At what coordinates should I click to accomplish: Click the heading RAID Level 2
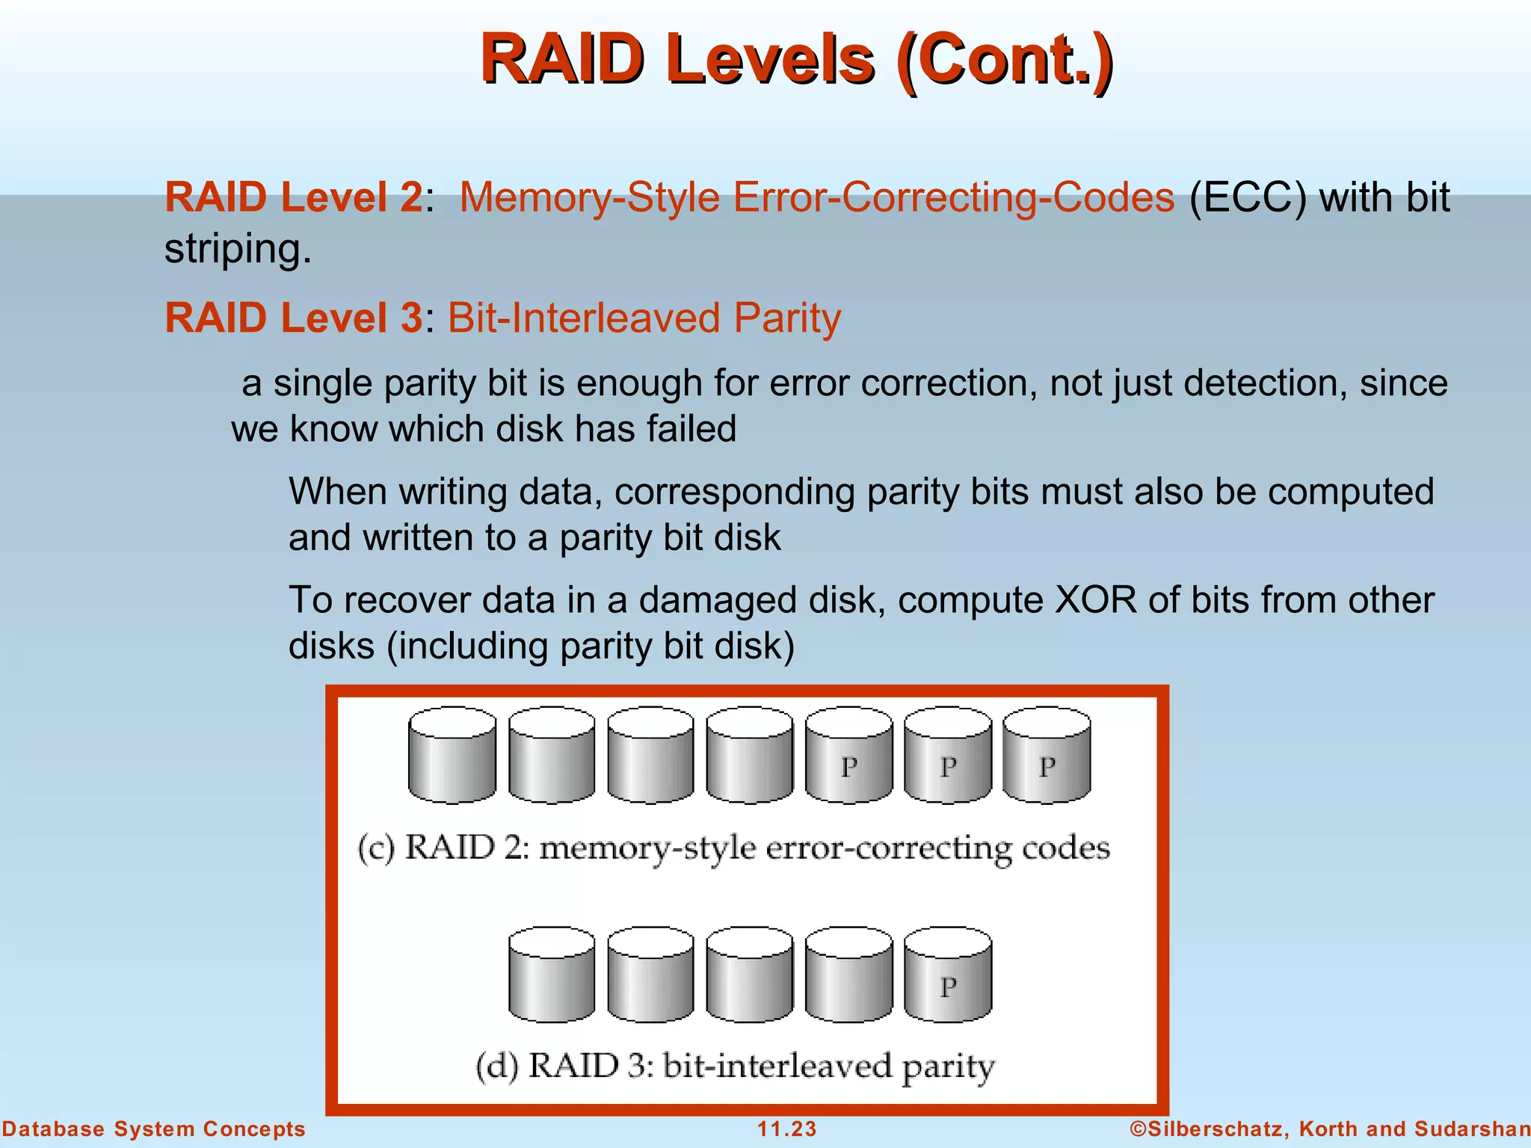pyautogui.click(x=294, y=198)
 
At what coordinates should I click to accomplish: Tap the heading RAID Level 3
pyautogui.click(x=294, y=318)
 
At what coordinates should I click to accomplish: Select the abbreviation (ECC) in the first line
pyautogui.click(x=1248, y=198)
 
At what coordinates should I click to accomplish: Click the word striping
pyautogui.click(x=237, y=249)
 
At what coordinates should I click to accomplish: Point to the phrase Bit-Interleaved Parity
pyautogui.click(x=644, y=318)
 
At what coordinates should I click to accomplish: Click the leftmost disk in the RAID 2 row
pyautogui.click(x=452, y=755)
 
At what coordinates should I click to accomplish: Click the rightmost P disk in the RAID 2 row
pyautogui.click(x=1047, y=755)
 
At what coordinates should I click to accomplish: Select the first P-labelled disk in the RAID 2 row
pyautogui.click(x=848, y=755)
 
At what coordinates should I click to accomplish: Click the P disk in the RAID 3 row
pyautogui.click(x=948, y=975)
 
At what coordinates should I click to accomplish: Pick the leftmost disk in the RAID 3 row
pyautogui.click(x=552, y=975)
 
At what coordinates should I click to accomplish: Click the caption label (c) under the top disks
pyautogui.click(x=376, y=849)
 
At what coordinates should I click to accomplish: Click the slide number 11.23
pyautogui.click(x=786, y=1129)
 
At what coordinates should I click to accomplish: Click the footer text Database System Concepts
pyautogui.click(x=153, y=1129)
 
